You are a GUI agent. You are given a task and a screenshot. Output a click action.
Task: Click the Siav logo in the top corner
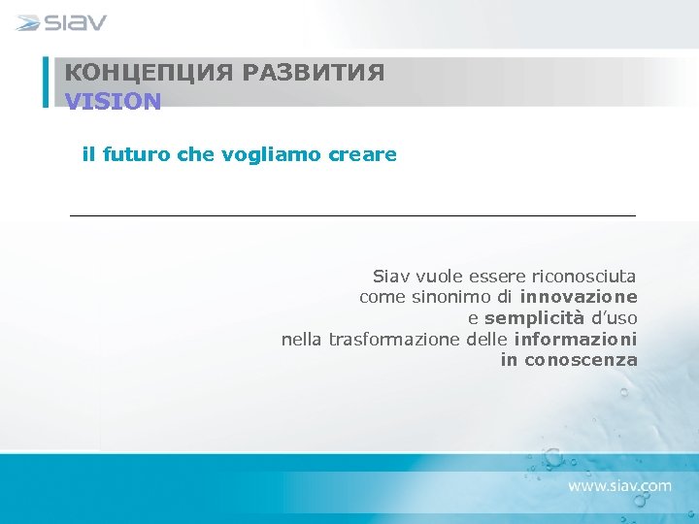62,22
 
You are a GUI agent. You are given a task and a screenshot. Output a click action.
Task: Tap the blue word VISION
113,101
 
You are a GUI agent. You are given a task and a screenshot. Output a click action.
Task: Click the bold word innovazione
579,297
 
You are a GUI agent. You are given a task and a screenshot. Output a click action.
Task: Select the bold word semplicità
534,318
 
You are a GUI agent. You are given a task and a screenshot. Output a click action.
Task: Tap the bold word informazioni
576,340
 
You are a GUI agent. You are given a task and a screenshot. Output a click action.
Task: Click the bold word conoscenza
581,361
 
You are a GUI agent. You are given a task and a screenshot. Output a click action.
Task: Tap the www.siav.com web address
619,485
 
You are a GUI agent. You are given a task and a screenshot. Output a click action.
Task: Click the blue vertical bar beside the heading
46,82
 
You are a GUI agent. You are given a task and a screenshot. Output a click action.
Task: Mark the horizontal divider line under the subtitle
352,214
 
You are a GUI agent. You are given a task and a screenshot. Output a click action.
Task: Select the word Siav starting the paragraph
392,276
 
